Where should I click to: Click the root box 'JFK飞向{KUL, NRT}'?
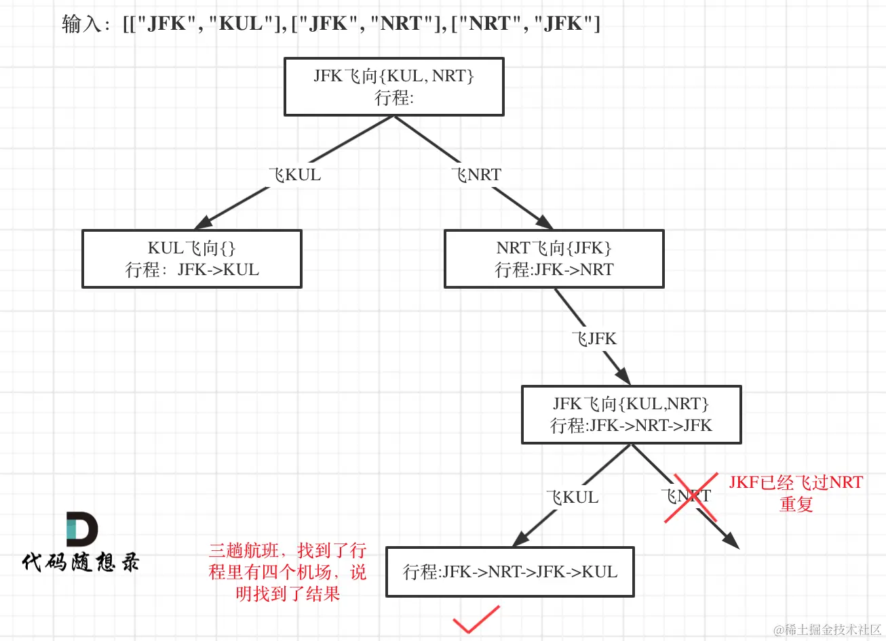pyautogui.click(x=393, y=87)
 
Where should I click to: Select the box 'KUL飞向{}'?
pyautogui.click(x=191, y=259)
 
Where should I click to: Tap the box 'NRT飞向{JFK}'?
pyautogui.click(x=554, y=259)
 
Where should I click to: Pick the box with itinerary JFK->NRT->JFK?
pyautogui.click(x=631, y=415)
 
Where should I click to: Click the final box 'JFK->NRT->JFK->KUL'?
pyautogui.click(x=510, y=572)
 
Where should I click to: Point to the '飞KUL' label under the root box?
pyautogui.click(x=295, y=175)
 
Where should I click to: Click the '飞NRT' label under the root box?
pyautogui.click(x=477, y=175)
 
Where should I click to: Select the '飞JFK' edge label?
pyautogui.click(x=594, y=339)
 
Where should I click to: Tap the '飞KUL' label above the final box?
pyautogui.click(x=573, y=497)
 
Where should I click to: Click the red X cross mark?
pyautogui.click(x=691, y=498)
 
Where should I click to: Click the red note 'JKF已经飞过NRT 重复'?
pyautogui.click(x=796, y=493)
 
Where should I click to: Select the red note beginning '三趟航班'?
pyautogui.click(x=288, y=572)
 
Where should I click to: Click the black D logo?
pyautogui.click(x=81, y=529)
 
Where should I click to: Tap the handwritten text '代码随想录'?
pyautogui.click(x=81, y=562)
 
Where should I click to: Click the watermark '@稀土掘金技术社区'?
pyautogui.click(x=827, y=629)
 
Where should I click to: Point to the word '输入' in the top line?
pyautogui.click(x=81, y=24)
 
